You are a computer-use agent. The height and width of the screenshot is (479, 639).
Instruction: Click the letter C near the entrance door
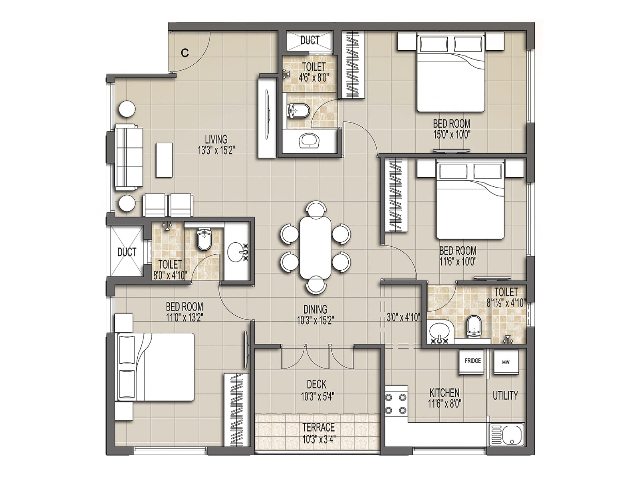point(185,53)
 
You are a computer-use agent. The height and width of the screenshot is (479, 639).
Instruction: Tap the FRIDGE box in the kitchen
point(472,362)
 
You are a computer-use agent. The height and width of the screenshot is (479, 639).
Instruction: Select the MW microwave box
point(506,362)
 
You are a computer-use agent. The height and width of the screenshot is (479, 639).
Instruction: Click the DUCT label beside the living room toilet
point(127,252)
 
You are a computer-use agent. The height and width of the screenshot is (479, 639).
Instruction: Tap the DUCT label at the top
point(310,40)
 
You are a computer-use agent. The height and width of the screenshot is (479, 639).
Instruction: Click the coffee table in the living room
point(164,160)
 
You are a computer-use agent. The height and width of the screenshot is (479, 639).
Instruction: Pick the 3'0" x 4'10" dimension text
point(403,318)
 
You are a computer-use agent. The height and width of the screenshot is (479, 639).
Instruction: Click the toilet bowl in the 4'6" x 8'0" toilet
point(298,111)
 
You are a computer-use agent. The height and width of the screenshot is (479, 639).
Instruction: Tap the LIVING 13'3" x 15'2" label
point(216,144)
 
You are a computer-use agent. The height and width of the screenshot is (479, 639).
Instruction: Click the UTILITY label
point(505,396)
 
